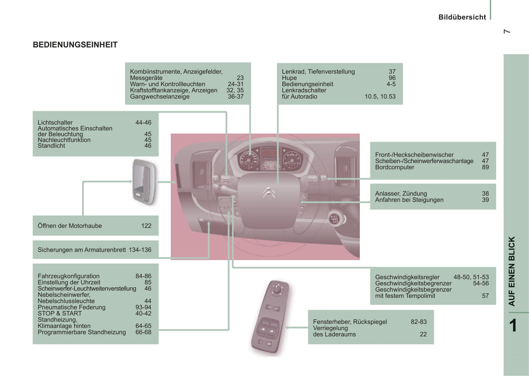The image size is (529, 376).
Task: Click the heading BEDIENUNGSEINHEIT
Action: [75, 45]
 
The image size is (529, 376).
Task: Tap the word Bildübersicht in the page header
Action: [462, 17]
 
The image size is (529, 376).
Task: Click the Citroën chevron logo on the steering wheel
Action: [269, 192]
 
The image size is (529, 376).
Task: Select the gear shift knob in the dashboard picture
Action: [334, 219]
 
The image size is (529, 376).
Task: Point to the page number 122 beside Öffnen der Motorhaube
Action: [146, 226]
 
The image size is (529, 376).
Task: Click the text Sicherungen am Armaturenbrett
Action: [82, 250]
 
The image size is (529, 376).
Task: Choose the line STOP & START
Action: [60, 313]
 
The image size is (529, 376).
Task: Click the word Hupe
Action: [289, 78]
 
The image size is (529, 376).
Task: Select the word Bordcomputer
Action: [395, 167]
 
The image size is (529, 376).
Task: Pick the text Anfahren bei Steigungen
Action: [409, 200]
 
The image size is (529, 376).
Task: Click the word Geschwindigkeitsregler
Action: [407, 277]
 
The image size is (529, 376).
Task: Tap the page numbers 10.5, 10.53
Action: [380, 96]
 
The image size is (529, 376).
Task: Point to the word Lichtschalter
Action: [55, 122]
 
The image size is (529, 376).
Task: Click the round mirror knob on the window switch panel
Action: [277, 290]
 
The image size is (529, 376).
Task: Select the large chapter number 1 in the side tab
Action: [513, 325]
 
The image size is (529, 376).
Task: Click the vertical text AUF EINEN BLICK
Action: [512, 271]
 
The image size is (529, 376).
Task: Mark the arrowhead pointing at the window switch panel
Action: [288, 327]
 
